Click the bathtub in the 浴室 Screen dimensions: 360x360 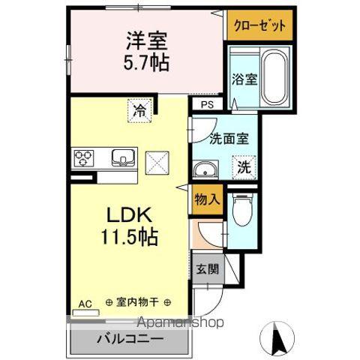pyautogui.click(x=275, y=79)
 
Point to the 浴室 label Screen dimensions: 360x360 pyautogui.click(x=243, y=78)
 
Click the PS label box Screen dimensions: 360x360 pyautogui.click(x=206, y=105)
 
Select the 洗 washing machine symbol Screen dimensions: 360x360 pyautogui.click(x=245, y=168)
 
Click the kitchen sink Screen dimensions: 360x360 pyautogui.click(x=122, y=157)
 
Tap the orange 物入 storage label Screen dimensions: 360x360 pyautogui.click(x=207, y=200)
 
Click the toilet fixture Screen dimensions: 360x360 pyautogui.click(x=241, y=211)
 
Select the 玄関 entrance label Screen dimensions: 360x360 pyautogui.click(x=207, y=268)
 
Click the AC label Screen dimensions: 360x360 pyautogui.click(x=85, y=304)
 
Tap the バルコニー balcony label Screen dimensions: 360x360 pyautogui.click(x=129, y=338)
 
